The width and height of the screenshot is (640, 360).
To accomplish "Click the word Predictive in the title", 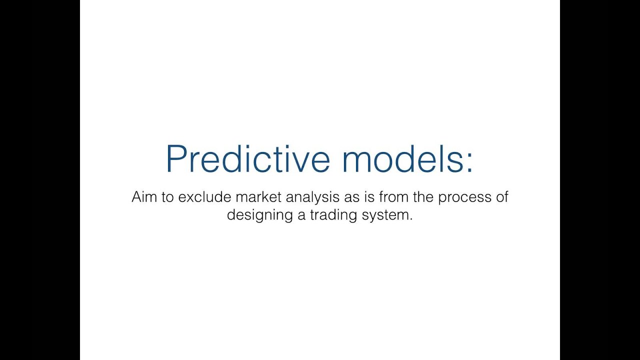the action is coord(248,158).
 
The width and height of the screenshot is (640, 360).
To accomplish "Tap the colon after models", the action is coord(470,163).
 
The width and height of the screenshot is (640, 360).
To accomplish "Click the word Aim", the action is coord(144,197).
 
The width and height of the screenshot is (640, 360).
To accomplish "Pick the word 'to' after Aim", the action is coord(167,197).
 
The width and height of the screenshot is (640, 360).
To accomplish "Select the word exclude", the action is coord(204,197).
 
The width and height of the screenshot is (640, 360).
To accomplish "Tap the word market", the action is coord(258,197).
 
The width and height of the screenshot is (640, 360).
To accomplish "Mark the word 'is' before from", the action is coord(369,197).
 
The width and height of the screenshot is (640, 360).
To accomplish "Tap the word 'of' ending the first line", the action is coord(502,197).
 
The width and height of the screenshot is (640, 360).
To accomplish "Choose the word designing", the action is coord(259,215).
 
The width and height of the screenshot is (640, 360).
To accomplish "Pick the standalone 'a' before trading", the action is coord(301,216).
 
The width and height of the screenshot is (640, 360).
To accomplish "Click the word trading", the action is coord(333,215).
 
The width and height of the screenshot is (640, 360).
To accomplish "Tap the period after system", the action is coord(411,219).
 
